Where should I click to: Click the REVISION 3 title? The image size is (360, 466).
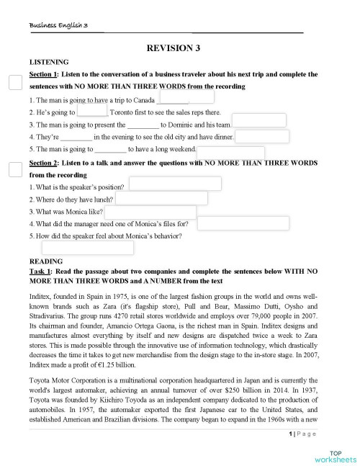pos(173,48)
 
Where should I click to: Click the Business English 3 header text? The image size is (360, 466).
pos(58,25)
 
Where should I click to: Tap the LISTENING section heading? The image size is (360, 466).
pos(49,63)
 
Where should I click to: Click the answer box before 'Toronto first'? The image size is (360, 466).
pos(92,111)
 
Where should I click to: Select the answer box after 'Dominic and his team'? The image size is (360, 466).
pos(259,120)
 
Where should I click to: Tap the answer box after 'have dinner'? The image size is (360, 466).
pos(262,137)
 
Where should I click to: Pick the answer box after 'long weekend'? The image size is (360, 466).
pos(230,151)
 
